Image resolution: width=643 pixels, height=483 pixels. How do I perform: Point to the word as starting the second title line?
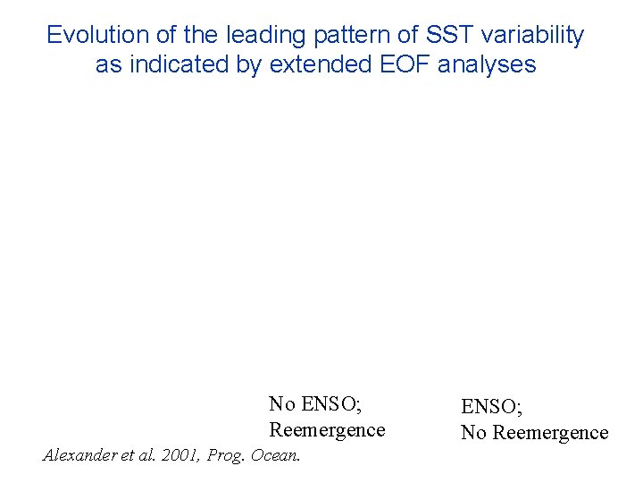tap(109, 64)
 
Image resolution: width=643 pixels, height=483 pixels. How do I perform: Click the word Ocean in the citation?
tap(277, 455)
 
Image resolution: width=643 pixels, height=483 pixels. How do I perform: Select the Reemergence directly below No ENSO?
tap(327, 429)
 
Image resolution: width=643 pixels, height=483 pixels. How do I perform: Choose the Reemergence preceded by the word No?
tap(550, 433)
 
